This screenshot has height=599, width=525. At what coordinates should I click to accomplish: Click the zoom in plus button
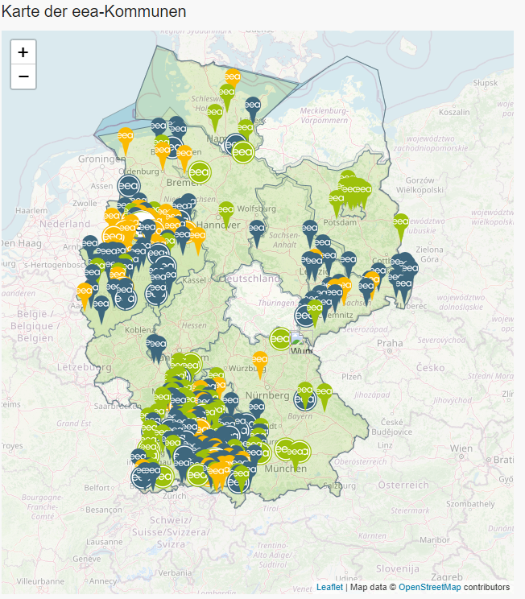pos(23,52)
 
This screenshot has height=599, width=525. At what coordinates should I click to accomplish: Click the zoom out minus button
pos(23,76)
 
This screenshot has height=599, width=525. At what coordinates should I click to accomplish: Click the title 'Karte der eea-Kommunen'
pos(93,12)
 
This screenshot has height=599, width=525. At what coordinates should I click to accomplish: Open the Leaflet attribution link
pos(329,587)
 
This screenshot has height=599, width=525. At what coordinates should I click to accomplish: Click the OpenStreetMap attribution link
pos(430,587)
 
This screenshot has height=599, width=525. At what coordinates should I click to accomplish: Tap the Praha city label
pos(388,343)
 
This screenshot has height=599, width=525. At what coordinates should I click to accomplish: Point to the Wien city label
pos(461,447)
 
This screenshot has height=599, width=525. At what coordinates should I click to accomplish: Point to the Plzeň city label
pos(352,375)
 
